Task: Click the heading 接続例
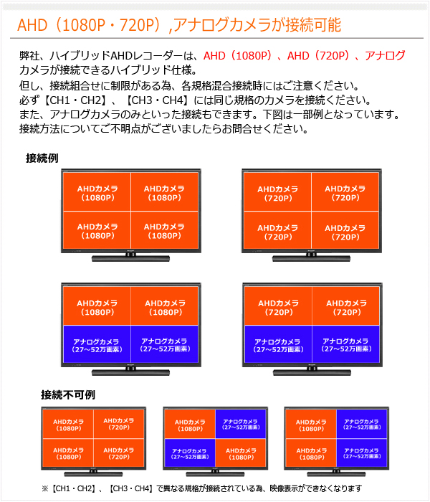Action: (42, 158)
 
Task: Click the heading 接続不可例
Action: (68, 394)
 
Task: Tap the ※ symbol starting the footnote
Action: (44, 488)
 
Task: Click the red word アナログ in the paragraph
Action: (385, 56)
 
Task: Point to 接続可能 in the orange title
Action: (313, 25)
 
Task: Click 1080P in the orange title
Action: (84, 25)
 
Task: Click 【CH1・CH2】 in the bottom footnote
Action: (73, 488)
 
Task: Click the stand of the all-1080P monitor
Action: (131, 257)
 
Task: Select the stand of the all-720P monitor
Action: (311, 257)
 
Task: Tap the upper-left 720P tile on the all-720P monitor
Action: (277, 192)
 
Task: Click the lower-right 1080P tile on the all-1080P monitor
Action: (164, 229)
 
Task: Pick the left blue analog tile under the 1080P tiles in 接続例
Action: (97, 344)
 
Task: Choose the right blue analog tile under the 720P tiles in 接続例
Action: (346, 344)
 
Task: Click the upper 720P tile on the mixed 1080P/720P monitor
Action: (119, 424)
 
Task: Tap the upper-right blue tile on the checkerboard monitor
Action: (241, 424)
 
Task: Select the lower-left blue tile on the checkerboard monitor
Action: (190, 453)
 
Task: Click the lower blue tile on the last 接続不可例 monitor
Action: (362, 453)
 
